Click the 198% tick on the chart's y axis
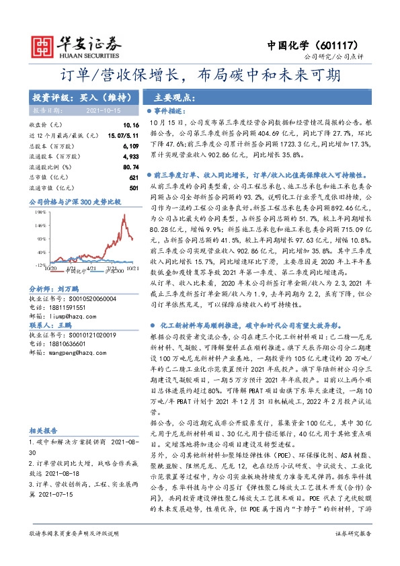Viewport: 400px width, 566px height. tap(40, 211)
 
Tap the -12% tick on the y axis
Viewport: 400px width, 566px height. tap(40, 265)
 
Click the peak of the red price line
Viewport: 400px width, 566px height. tap(124, 216)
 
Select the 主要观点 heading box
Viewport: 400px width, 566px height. tap(167, 96)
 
